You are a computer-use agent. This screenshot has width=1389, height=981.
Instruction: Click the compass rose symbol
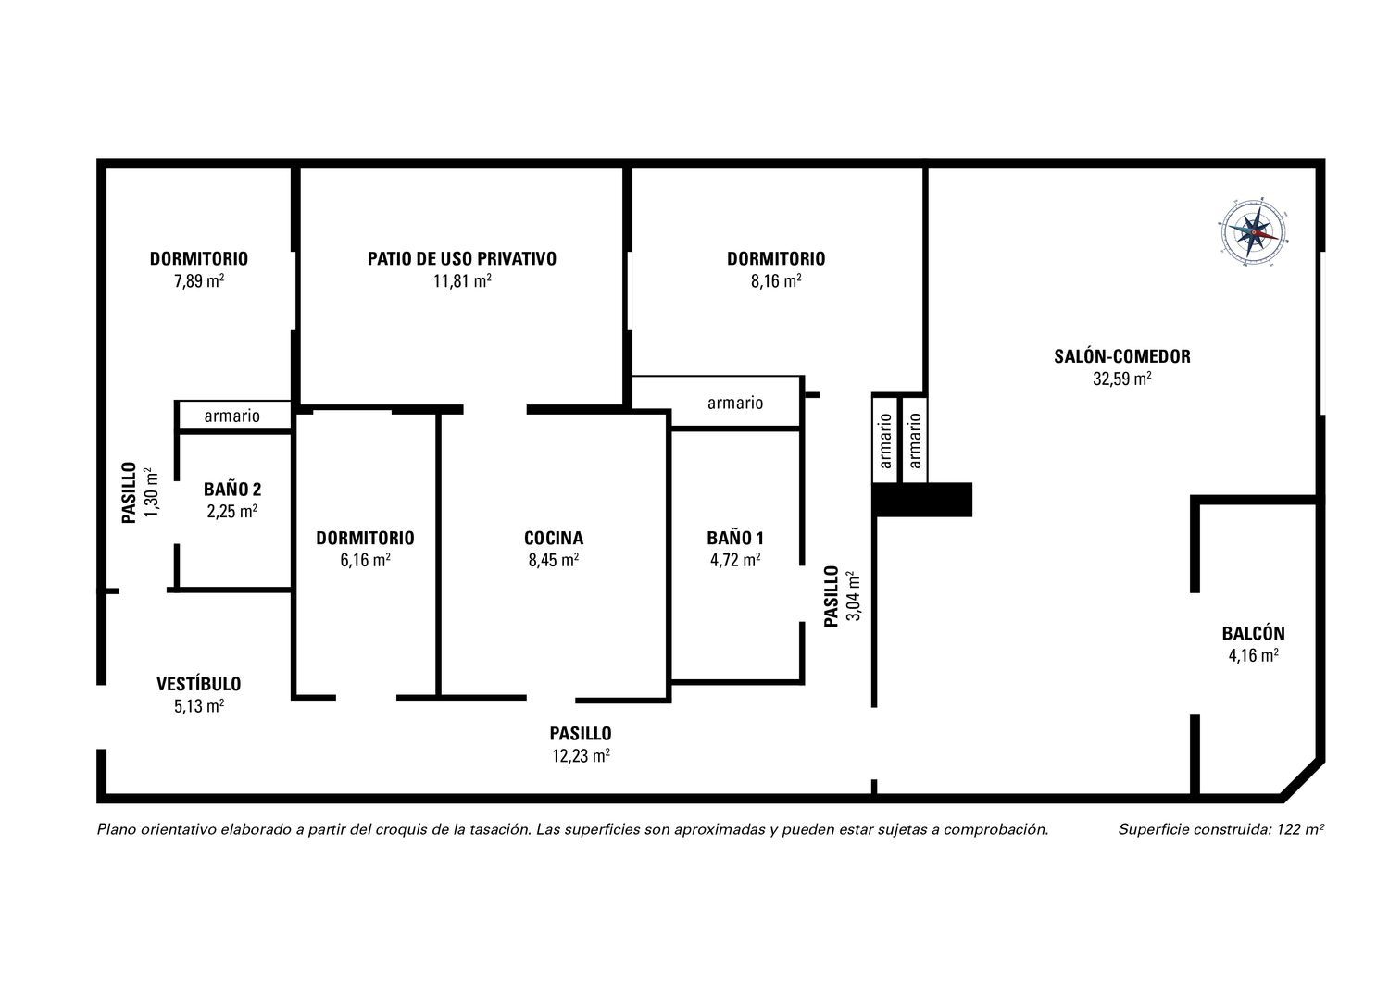point(1253,232)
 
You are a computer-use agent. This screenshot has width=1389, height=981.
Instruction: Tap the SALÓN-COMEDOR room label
point(1121,356)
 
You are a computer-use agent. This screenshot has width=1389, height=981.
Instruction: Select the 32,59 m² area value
point(1121,379)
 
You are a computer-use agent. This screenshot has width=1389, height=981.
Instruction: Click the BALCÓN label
point(1253,633)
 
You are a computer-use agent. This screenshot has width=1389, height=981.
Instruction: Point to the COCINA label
point(554,538)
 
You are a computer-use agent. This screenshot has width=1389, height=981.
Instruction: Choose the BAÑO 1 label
point(735,538)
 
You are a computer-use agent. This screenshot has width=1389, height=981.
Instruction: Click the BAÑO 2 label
point(232,490)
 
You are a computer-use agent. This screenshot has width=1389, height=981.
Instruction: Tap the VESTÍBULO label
point(198,684)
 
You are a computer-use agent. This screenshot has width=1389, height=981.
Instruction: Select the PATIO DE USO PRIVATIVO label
point(462,258)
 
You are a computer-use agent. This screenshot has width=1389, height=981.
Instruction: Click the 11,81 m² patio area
point(462,281)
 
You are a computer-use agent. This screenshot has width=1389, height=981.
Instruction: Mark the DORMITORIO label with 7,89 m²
point(199,258)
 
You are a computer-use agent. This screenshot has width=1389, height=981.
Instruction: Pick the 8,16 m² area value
point(776,281)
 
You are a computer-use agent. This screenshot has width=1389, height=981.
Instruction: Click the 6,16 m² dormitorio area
point(365,560)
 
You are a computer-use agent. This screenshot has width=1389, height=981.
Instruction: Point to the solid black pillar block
point(922,500)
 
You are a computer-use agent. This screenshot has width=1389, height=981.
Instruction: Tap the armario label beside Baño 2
point(231,416)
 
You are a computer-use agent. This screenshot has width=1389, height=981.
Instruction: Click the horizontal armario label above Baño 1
point(735,403)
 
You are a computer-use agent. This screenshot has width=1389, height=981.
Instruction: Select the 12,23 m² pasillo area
point(581,756)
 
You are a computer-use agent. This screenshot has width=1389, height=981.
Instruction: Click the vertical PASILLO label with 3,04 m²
point(832,596)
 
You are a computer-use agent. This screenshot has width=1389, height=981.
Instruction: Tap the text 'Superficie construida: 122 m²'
point(1221,829)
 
